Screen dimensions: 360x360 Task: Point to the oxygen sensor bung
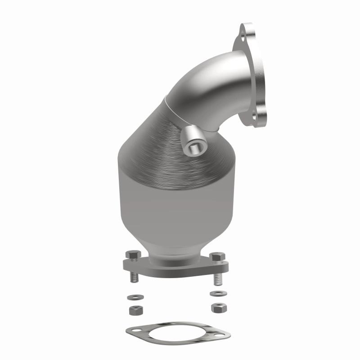[x=194, y=142]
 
